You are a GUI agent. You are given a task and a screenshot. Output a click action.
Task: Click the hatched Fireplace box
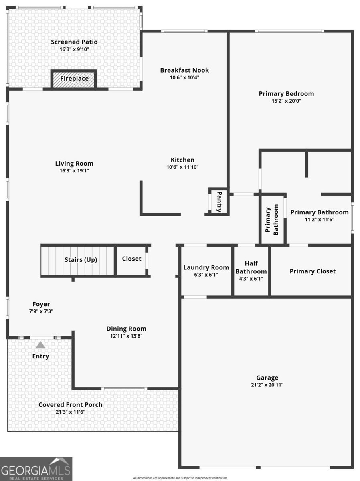pyautogui.click(x=74, y=79)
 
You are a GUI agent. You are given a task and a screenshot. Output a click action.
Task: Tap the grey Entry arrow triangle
pyautogui.click(x=40, y=345)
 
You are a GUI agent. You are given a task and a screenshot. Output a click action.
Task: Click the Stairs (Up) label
pyautogui.click(x=81, y=260)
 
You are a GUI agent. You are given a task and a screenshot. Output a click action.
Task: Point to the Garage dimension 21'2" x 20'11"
pyautogui.click(x=267, y=385)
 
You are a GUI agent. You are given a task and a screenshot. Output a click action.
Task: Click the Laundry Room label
pyautogui.click(x=206, y=267)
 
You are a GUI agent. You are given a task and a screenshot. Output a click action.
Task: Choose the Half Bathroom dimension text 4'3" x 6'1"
pyautogui.click(x=251, y=279)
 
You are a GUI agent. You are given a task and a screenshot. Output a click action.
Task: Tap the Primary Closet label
pyautogui.click(x=312, y=271)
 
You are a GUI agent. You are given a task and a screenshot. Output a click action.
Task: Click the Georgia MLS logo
pyautogui.click(x=36, y=469)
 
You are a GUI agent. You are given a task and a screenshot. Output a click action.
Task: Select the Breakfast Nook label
pyautogui.click(x=184, y=70)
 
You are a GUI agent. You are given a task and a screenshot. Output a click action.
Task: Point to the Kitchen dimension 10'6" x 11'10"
pyautogui.click(x=182, y=167)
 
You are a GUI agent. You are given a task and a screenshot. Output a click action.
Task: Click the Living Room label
pyautogui.click(x=74, y=163)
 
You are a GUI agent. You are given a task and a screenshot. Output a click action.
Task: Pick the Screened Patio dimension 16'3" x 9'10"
pyautogui.click(x=74, y=49)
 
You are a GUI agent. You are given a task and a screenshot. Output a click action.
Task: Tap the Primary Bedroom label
pyautogui.click(x=286, y=94)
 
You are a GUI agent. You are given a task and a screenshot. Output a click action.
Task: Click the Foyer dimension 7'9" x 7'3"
pyautogui.click(x=41, y=311)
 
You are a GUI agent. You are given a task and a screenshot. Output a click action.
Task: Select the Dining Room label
pyautogui.click(x=126, y=329)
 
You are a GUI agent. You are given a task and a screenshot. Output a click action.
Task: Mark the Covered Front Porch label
pyautogui.click(x=70, y=405)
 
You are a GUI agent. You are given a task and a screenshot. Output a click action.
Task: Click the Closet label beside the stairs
pyautogui.click(x=131, y=259)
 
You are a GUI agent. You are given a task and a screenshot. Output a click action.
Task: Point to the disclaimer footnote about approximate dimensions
pyautogui.click(x=180, y=478)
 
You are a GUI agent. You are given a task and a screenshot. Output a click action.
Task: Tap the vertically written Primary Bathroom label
pyautogui.click(x=271, y=220)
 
